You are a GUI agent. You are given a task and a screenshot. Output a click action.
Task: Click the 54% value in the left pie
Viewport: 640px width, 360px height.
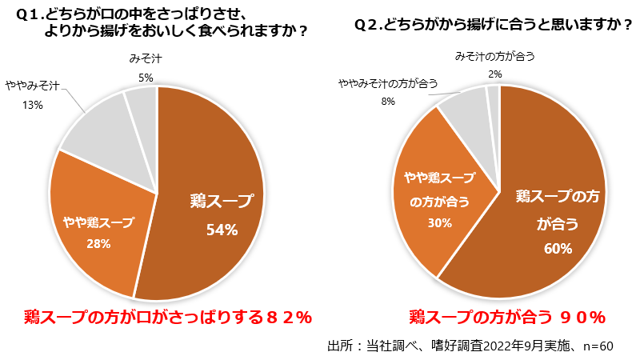[222, 230]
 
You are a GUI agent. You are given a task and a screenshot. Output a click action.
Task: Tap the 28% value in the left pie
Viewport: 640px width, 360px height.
[98, 243]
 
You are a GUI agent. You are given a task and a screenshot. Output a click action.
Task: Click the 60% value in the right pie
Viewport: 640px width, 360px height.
[556, 249]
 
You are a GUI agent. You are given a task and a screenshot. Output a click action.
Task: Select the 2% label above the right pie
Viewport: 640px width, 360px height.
[494, 74]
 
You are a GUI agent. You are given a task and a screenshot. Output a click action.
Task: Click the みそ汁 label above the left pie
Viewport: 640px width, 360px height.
[145, 58]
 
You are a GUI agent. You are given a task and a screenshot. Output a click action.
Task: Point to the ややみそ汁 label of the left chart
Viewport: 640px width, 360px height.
[36, 85]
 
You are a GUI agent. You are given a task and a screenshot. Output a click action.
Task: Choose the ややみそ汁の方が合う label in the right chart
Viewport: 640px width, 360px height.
[388, 83]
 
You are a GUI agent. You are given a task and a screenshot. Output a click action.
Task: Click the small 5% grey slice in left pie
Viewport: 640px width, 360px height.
[142, 104]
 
